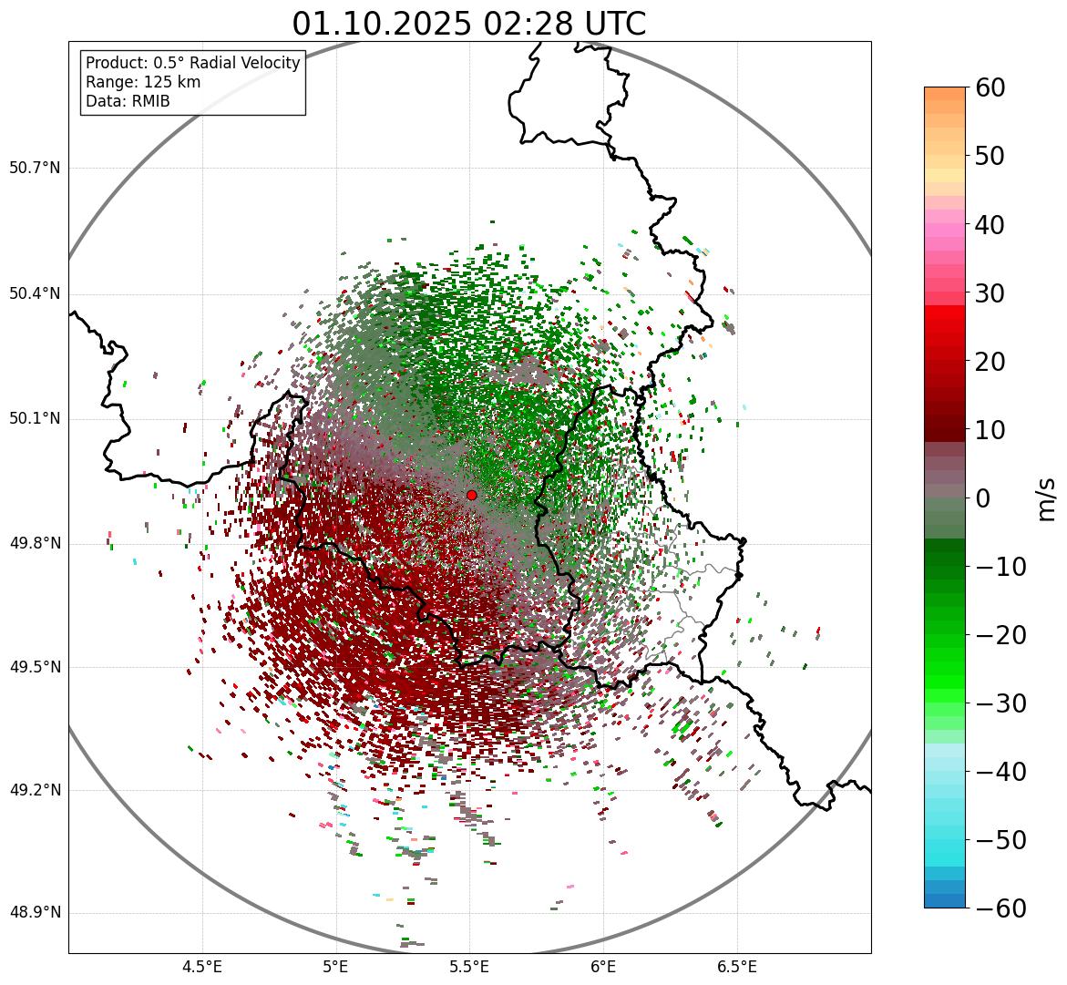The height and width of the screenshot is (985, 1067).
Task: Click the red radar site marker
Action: [471, 495]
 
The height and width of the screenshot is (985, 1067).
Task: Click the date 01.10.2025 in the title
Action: [381, 24]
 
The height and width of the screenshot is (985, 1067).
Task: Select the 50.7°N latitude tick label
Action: [35, 169]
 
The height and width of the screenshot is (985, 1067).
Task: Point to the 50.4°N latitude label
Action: [35, 293]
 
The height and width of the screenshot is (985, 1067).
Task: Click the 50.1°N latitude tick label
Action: [35, 419]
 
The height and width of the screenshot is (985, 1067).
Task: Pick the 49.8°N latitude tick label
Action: [35, 544]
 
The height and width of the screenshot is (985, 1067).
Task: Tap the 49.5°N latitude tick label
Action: [35, 667]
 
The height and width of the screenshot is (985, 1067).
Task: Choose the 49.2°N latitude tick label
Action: [35, 790]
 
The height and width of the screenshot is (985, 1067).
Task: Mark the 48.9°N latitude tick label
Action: [35, 913]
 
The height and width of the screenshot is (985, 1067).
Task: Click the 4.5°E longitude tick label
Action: [202, 966]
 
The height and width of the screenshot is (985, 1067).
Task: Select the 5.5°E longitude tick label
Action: [469, 966]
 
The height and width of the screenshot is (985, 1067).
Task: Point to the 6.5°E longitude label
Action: [736, 966]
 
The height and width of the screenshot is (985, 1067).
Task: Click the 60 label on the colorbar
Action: [991, 87]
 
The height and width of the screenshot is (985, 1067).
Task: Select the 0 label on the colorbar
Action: [983, 498]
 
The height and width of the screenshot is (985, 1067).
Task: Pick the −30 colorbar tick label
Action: [1000, 703]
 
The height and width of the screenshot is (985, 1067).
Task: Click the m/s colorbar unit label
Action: [1047, 498]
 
